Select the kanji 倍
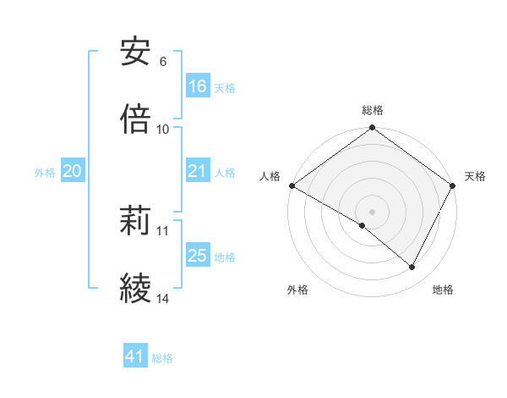pos(136,119)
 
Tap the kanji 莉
pos(136,222)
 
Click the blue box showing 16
pos(198,86)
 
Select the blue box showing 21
pos(198,171)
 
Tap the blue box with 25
pos(198,256)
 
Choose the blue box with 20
pos(73,171)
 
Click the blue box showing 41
pos(136,357)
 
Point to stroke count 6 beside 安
pos(163,61)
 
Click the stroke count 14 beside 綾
pos(163,298)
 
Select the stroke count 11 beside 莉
pos(163,230)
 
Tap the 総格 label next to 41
pos(163,358)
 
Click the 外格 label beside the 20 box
pos(45,172)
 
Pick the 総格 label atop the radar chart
pos(373,110)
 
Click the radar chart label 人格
pos(270,176)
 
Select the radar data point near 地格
pos(412,268)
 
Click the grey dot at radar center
pos(372,211)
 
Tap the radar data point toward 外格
pos(363,225)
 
